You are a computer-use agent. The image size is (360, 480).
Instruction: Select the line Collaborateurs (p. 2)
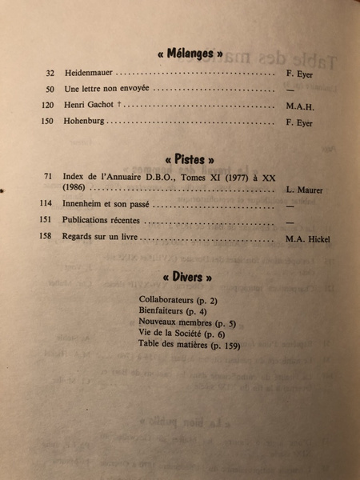(181, 299)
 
